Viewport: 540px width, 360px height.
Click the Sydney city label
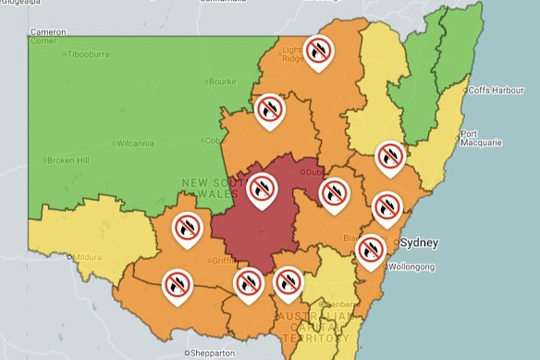point(420,242)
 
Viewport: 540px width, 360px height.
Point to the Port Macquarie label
point(481,138)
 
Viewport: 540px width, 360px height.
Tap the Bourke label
point(223,81)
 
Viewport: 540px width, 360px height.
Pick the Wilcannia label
point(135,143)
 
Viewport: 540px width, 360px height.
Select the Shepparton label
point(217,354)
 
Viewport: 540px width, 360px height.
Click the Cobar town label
point(216,141)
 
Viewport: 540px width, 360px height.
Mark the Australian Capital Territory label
point(313,328)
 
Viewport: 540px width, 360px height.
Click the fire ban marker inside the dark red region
point(262,191)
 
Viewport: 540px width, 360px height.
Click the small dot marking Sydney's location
point(395,242)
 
